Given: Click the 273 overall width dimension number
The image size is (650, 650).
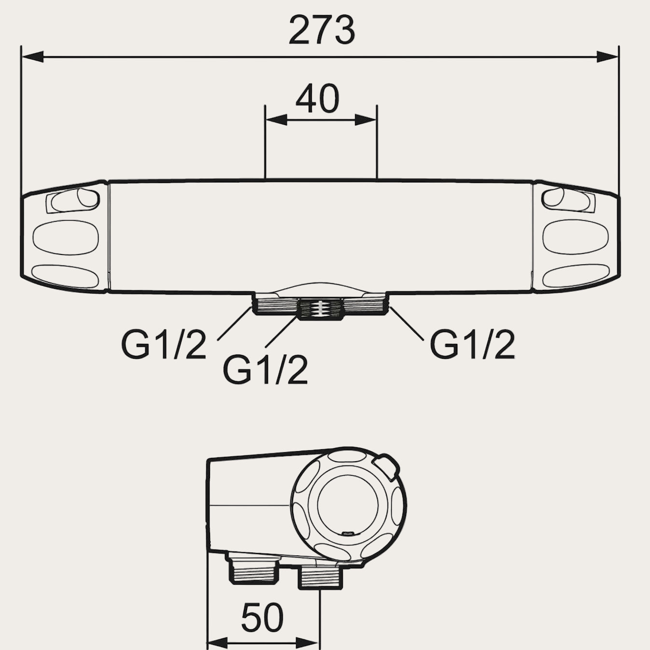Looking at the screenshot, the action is tap(322, 29).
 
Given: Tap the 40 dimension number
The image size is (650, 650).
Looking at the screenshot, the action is tap(317, 99).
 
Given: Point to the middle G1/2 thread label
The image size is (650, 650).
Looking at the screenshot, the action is tap(265, 370).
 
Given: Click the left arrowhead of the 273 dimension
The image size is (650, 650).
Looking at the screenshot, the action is tap(32, 57).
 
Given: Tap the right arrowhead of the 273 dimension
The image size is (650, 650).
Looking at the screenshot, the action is tap(607, 57).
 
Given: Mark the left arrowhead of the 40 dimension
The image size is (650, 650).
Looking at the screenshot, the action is tap(276, 120).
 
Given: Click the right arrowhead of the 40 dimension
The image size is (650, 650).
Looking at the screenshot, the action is tap(366, 120).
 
